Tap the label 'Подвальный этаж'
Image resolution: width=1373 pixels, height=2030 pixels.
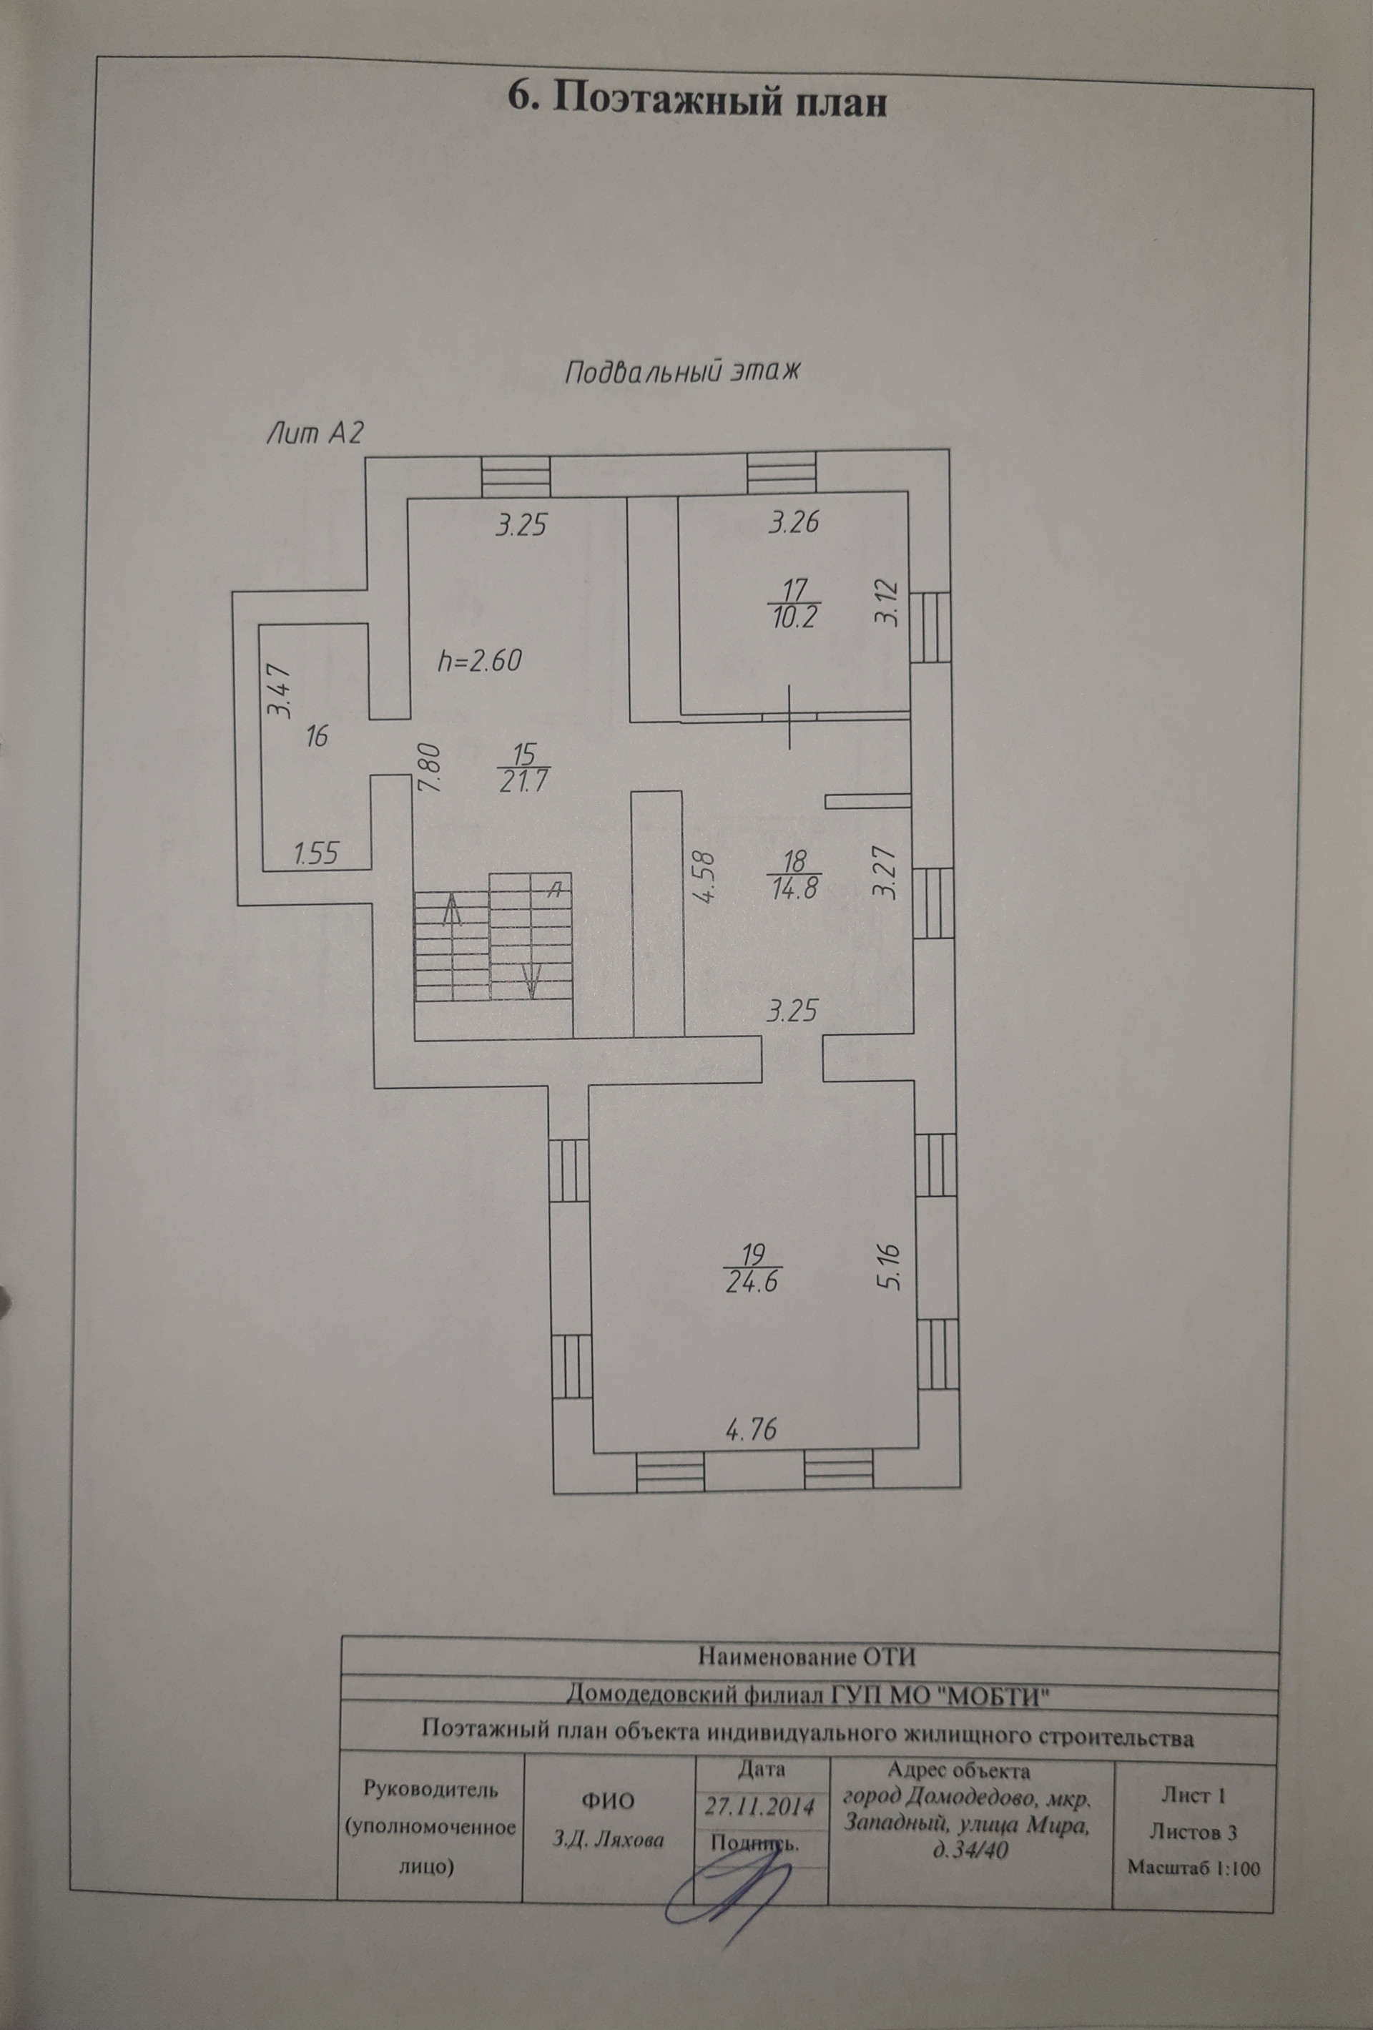[682, 372]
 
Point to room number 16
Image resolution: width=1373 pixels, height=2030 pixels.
[316, 736]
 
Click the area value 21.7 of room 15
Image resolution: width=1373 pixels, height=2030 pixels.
[523, 781]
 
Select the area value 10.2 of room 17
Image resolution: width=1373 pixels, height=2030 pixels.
[793, 617]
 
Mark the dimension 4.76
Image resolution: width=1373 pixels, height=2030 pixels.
[751, 1430]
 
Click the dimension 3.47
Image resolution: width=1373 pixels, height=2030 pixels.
[280, 690]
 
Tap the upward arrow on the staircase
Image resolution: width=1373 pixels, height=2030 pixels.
[451, 911]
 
